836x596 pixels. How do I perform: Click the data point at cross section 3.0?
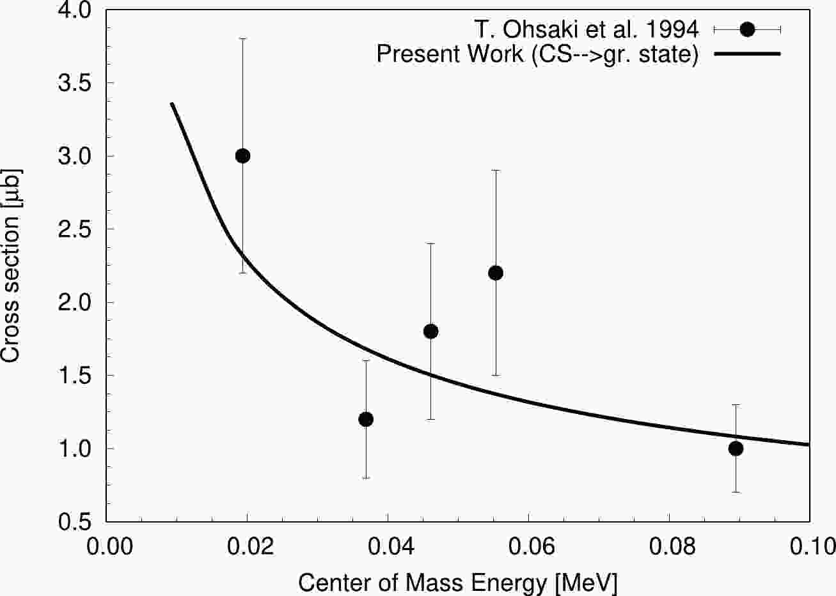242,156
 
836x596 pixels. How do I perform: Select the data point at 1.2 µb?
366,419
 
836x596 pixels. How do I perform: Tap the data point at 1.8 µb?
430,331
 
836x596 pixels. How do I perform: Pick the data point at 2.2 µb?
495,273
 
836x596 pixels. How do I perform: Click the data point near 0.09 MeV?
736,448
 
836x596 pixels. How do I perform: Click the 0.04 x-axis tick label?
388,547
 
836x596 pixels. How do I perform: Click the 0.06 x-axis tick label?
528,547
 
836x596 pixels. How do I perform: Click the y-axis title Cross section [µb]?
12,266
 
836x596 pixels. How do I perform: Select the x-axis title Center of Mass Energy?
457,582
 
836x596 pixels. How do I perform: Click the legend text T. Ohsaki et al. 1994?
586,29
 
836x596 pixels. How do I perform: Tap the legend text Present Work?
537,54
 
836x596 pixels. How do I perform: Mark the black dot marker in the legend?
747,29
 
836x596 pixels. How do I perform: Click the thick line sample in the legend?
747,54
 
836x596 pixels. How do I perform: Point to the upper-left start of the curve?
171,103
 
